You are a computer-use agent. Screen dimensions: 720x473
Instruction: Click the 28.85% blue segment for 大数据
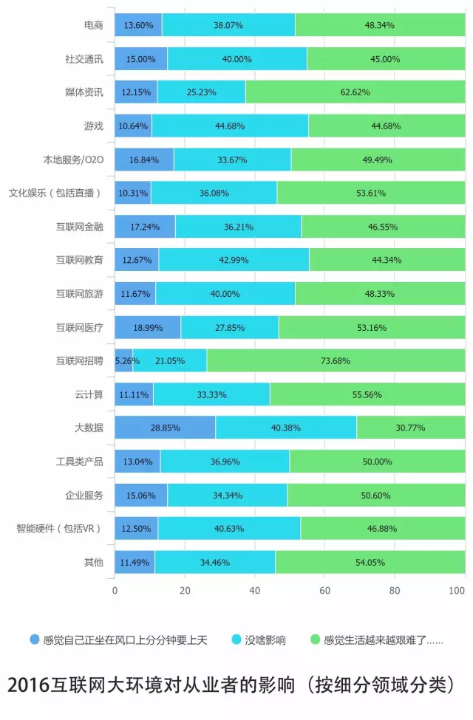(x=165, y=428)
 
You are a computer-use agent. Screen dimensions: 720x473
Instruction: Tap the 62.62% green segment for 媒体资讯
(x=355, y=92)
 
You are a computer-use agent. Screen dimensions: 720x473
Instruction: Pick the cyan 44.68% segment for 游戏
(x=230, y=126)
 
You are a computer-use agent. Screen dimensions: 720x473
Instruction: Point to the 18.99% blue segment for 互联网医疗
(x=148, y=327)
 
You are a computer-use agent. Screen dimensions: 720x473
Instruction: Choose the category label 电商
(x=94, y=25)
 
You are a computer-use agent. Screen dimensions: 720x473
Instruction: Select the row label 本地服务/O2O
(x=73, y=160)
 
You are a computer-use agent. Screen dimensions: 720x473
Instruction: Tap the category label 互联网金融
(x=80, y=227)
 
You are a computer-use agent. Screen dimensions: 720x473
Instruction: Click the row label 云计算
(x=89, y=394)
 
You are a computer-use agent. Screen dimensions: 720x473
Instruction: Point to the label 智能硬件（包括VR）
(x=59, y=529)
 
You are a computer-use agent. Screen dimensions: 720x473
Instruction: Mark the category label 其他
(x=94, y=562)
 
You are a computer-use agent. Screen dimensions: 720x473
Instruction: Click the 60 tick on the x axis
(x=324, y=591)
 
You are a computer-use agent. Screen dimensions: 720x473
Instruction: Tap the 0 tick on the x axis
(x=115, y=591)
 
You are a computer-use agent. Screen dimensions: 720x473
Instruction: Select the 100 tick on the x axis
(x=457, y=591)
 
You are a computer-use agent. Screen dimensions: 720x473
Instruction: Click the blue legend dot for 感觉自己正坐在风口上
(x=35, y=640)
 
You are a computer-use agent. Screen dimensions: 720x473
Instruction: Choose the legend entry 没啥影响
(x=264, y=640)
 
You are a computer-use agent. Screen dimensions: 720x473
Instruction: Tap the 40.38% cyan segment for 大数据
(x=286, y=428)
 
